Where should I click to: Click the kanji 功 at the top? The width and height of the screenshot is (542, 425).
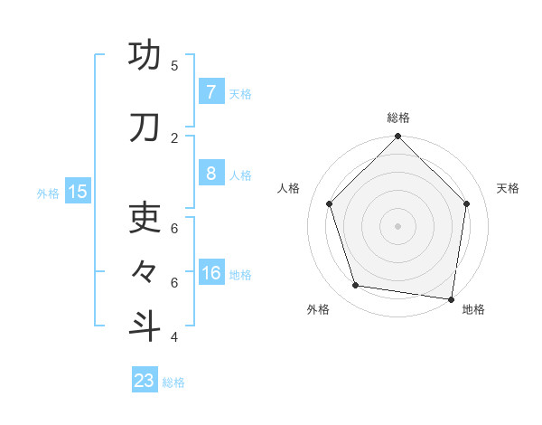[x=145, y=56]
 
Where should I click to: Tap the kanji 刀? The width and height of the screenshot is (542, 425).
[x=145, y=128]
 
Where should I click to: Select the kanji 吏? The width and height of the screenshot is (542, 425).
[x=145, y=218]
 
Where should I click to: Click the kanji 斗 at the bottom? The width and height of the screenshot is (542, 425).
[x=145, y=326]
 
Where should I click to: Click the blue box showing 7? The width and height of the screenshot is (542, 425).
[x=210, y=92]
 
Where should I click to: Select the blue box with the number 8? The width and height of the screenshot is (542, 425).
[x=210, y=175]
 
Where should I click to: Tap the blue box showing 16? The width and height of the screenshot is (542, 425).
[x=210, y=273]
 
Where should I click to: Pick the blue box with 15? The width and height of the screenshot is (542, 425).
[x=78, y=191]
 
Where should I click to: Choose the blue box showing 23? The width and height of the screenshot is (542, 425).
[x=145, y=381]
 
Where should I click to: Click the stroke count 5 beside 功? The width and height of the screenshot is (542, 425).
[x=174, y=65]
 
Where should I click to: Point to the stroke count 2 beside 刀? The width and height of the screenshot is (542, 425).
[x=174, y=137]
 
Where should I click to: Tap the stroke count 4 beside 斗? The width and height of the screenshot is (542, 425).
[x=174, y=337]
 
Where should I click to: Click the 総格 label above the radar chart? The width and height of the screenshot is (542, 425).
[x=398, y=118]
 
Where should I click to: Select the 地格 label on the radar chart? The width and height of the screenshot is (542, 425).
[x=473, y=309]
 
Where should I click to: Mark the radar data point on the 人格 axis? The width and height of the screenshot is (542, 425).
[x=330, y=203]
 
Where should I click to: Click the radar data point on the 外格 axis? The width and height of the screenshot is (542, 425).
[x=356, y=286]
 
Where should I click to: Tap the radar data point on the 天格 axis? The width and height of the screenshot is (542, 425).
[x=466, y=203]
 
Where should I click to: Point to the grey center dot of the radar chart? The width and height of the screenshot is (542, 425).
[x=397, y=225]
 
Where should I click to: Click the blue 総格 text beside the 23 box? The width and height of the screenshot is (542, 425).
[x=173, y=382]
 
